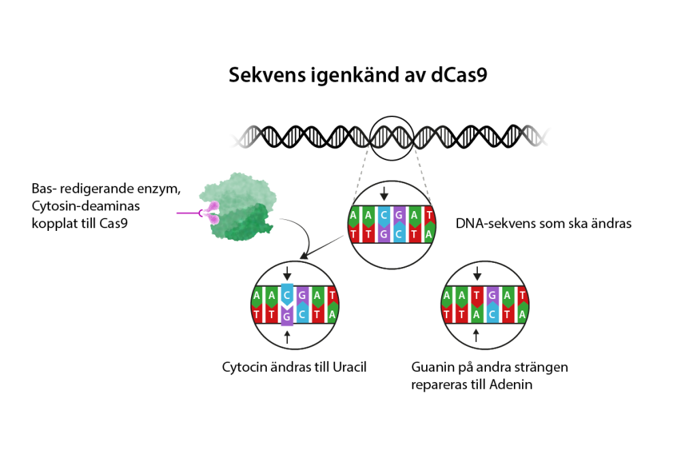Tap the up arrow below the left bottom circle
287,336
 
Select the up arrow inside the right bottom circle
477,334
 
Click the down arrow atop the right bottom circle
477,273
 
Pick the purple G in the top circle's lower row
384,234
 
